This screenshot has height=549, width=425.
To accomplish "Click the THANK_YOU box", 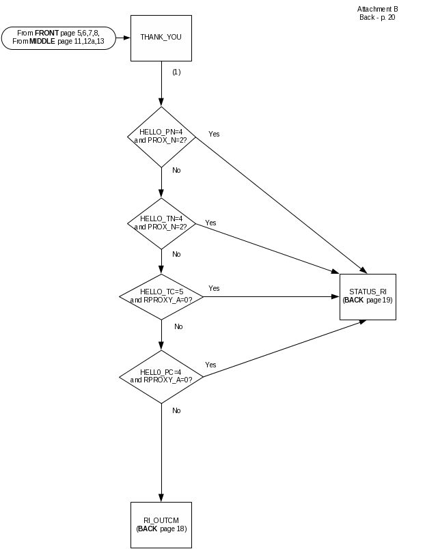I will pos(161,38).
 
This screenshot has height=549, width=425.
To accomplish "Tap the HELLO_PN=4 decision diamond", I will pos(161,136).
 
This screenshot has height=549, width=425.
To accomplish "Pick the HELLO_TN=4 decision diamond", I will pos(161,223).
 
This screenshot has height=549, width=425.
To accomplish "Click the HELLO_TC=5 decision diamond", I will pos(161,296).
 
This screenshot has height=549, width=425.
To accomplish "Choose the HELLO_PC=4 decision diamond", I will pos(161,376).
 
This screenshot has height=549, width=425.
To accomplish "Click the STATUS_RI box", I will pos(368,296).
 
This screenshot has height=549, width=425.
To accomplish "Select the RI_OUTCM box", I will pos(161,524).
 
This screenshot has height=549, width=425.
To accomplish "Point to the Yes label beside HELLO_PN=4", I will pos(214,134).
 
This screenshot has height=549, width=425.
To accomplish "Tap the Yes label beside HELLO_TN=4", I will pos(211,223).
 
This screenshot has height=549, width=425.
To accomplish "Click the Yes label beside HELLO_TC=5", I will pos(214,289).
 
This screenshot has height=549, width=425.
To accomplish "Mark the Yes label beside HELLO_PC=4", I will pos(210,365).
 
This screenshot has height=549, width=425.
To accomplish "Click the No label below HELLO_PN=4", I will pos(176,171).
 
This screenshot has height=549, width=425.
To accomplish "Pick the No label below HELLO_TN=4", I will pos(176,254).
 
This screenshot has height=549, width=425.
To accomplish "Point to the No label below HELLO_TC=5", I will pos(178,327).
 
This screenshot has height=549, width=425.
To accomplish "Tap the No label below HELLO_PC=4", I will pos(176,410).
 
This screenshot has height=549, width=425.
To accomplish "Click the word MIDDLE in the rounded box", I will pos(43,42).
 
